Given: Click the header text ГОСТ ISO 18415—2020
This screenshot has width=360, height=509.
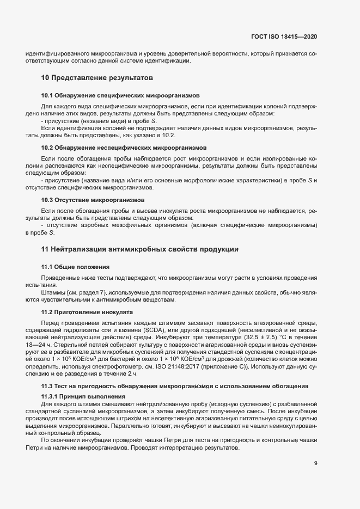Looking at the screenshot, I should point(284,36).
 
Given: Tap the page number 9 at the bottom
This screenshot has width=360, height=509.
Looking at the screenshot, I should point(315,463).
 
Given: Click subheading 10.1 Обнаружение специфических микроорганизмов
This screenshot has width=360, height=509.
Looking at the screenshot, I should point(120,94).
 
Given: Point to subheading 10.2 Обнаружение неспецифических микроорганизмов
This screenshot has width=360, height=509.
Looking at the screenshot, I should point(124,148).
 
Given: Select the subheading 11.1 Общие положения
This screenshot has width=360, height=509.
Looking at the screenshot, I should point(76,267).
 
